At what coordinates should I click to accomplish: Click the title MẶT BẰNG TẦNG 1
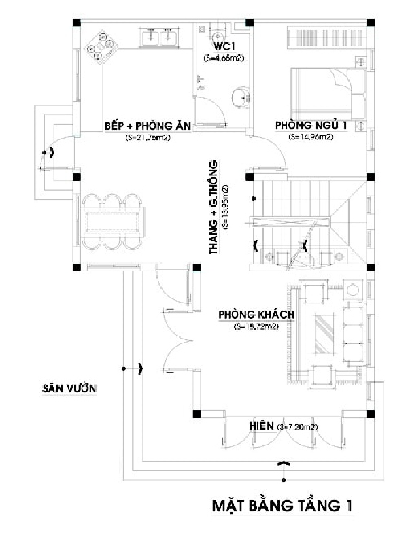[x=282, y=505]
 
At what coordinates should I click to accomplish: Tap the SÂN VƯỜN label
[x=69, y=388]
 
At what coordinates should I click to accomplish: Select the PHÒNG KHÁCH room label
[x=256, y=314]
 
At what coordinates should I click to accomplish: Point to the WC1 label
[x=224, y=46]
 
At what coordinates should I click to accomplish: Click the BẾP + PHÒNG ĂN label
[x=148, y=126]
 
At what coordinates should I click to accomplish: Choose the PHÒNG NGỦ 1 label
[x=311, y=125]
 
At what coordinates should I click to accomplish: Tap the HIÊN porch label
[x=261, y=426]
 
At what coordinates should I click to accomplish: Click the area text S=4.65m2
[x=224, y=58]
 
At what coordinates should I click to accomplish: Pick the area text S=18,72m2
[x=256, y=326]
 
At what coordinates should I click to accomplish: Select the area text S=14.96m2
[x=311, y=137]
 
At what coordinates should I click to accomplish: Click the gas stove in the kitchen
[x=101, y=48]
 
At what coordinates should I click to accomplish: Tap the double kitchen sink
[x=160, y=37]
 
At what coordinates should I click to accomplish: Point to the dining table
[x=112, y=222]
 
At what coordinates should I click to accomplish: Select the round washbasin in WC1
[x=241, y=98]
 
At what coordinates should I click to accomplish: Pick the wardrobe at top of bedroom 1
[x=327, y=37]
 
